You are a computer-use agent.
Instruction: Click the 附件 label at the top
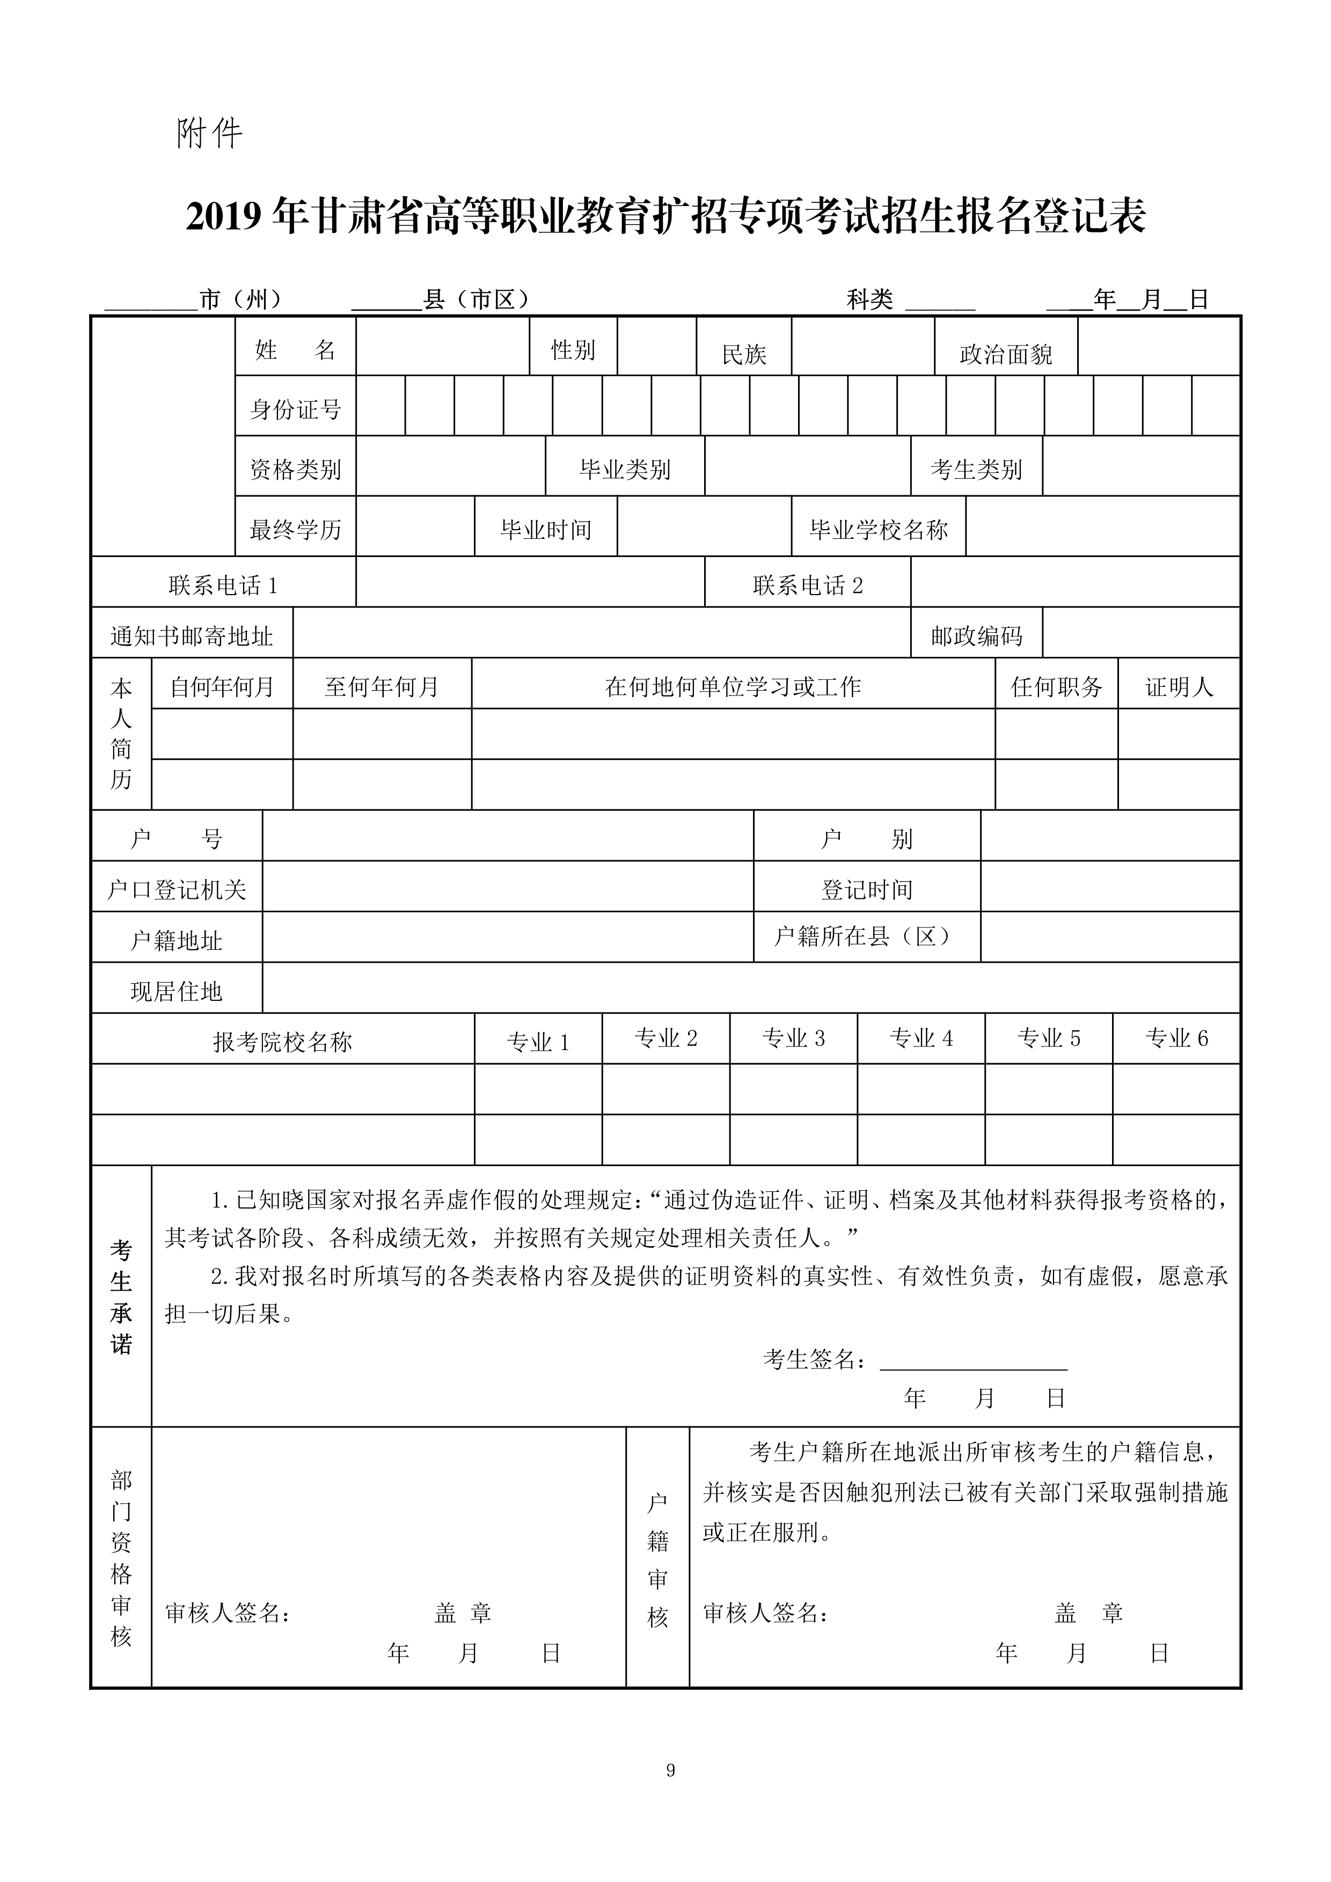209,133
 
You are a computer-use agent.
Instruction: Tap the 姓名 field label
295,350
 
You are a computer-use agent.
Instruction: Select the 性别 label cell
573,350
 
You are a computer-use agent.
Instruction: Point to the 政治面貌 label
1006,354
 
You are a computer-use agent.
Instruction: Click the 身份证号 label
295,409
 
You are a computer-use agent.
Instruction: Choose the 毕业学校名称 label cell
879,530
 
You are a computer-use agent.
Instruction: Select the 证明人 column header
1179,686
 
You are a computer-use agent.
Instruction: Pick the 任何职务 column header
1056,686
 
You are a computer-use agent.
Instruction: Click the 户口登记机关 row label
177,889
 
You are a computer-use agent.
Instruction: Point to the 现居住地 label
177,991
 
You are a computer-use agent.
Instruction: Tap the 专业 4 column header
921,1038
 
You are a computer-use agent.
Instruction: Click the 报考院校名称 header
283,1042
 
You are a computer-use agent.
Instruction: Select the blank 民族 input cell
862,347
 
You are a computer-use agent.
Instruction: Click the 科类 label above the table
869,299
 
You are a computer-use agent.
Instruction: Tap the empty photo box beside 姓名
163,436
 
